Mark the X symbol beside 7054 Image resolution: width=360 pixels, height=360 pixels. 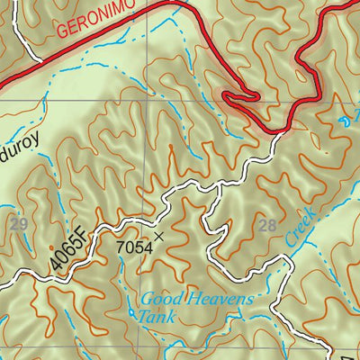coord(159,237)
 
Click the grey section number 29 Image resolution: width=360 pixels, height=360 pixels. coord(19,222)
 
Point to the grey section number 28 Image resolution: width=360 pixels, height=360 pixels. coord(267,226)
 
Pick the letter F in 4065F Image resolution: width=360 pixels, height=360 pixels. coord(85,238)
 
